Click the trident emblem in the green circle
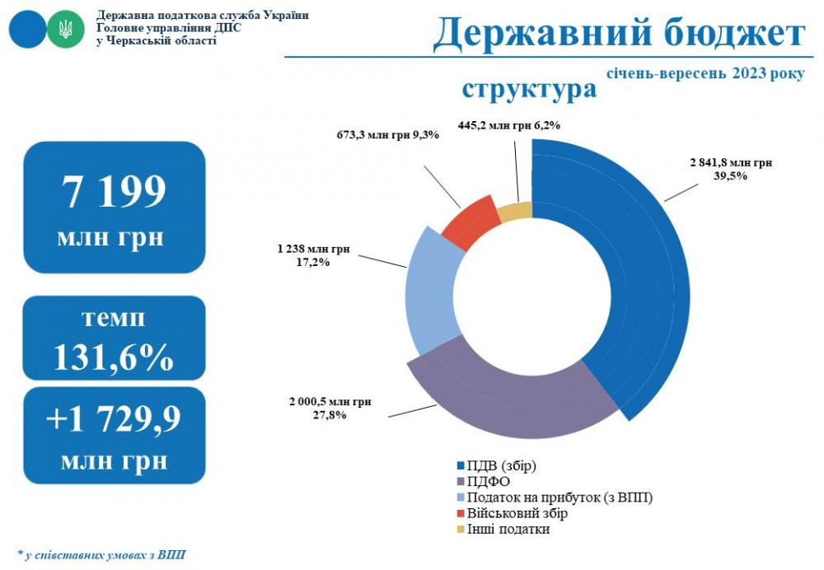click(x=65, y=31)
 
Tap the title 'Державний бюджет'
click(x=618, y=34)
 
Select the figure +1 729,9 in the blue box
click(x=114, y=418)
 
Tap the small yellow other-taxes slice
click(x=515, y=212)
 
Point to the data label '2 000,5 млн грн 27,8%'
click(x=330, y=409)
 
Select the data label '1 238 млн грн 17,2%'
click(x=314, y=255)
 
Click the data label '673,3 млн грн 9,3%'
click(x=387, y=133)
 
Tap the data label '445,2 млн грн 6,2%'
click(x=508, y=125)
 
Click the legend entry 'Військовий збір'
click(x=517, y=514)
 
